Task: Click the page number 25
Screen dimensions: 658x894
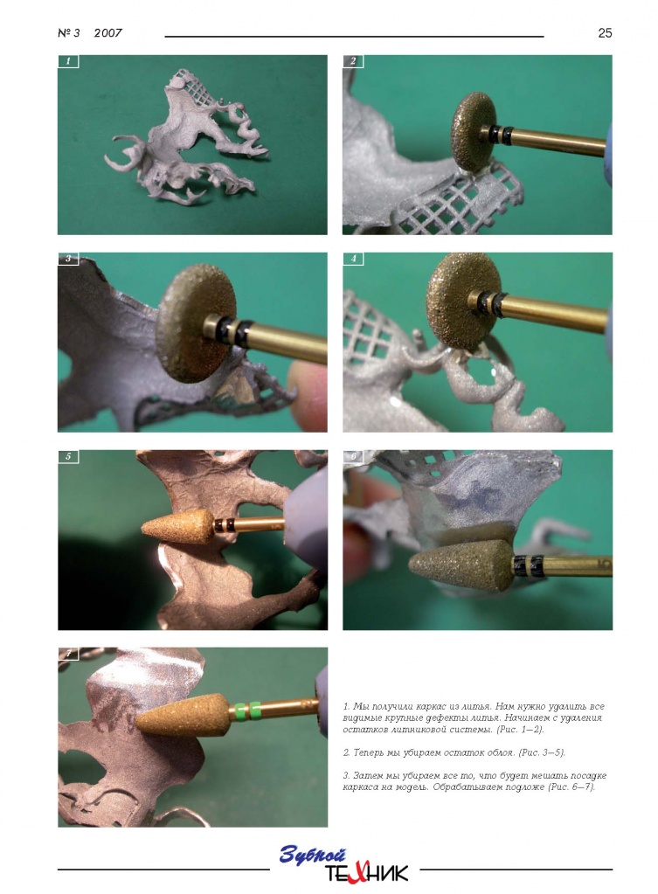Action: (605, 33)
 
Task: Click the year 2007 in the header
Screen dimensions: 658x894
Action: (107, 33)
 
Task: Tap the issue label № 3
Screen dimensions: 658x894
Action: (68, 33)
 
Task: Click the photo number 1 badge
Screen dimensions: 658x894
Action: (68, 61)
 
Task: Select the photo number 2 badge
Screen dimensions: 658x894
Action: (353, 61)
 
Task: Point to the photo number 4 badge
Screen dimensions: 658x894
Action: (353, 259)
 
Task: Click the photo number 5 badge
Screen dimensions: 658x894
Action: (68, 456)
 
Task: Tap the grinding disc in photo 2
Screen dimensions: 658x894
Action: (474, 132)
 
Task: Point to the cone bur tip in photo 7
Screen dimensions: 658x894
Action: (137, 724)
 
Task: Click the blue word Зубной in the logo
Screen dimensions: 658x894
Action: (313, 855)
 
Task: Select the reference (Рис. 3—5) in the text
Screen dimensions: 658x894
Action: (541, 752)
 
